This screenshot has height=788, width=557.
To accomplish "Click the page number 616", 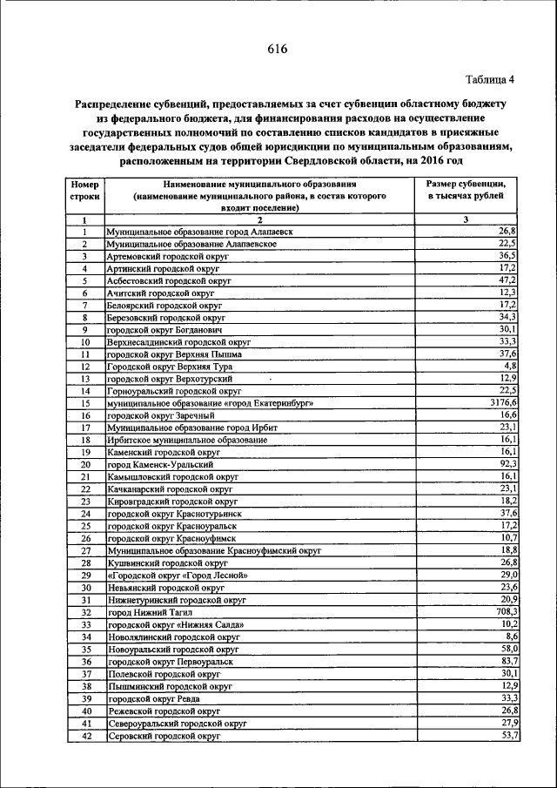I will (x=278, y=49).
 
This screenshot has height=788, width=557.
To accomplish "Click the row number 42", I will (x=84, y=736).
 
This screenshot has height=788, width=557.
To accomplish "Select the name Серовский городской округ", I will (x=164, y=736).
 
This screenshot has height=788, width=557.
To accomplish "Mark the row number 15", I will (x=84, y=403).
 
